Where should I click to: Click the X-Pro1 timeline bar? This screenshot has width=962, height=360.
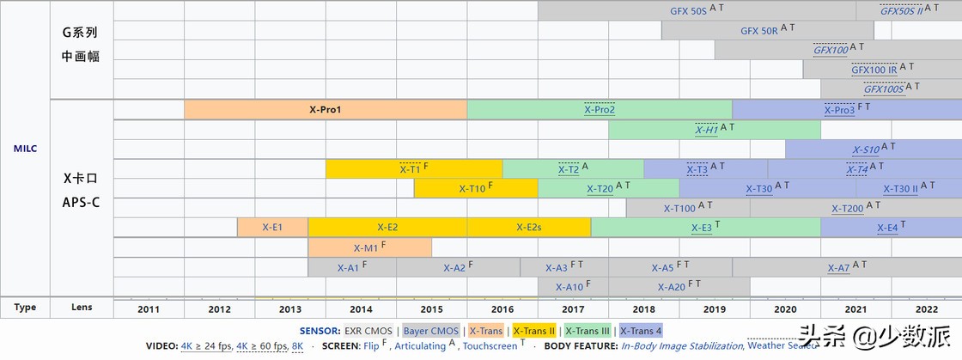click(x=326, y=110)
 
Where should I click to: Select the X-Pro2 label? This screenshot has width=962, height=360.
click(x=600, y=110)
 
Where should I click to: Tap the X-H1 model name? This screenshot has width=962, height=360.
click(x=707, y=130)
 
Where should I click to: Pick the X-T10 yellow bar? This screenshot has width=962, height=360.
click(x=476, y=188)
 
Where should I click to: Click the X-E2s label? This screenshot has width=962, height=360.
click(x=529, y=228)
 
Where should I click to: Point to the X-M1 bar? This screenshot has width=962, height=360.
click(x=370, y=247)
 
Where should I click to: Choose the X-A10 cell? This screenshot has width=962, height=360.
click(x=573, y=286)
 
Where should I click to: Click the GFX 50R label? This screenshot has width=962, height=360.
click(x=759, y=31)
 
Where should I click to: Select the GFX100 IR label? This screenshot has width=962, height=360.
click(x=874, y=70)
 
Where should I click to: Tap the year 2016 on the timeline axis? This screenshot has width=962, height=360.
click(x=502, y=308)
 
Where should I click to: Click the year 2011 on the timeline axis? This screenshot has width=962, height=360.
click(x=149, y=308)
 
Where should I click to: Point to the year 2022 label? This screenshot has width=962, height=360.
click(x=927, y=308)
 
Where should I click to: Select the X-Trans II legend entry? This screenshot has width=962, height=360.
click(x=533, y=331)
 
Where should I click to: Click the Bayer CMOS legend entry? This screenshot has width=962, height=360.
click(x=430, y=331)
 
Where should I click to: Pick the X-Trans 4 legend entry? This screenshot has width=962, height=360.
click(x=641, y=331)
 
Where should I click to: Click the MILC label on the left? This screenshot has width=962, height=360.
click(x=25, y=149)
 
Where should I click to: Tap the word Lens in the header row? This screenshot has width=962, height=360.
click(x=82, y=307)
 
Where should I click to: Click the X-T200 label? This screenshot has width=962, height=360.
click(x=847, y=209)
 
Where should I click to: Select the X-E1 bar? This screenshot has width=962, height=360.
click(x=272, y=228)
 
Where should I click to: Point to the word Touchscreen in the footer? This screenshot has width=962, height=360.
click(x=490, y=346)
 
